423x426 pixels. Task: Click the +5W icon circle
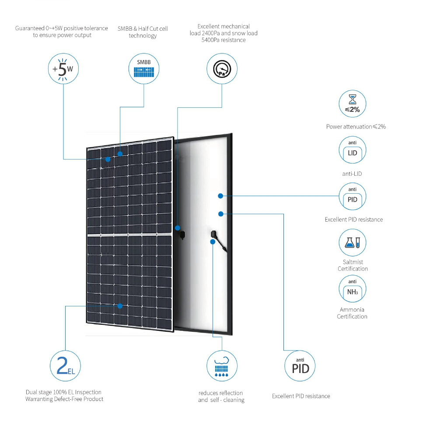point(63,68)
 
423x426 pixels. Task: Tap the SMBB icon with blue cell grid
point(144,68)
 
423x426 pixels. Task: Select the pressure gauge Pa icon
point(222,68)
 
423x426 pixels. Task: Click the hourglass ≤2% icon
point(352,103)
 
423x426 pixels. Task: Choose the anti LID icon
point(352,150)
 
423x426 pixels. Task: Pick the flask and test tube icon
point(352,242)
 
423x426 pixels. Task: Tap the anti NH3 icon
point(352,288)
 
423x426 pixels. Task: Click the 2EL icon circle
point(65,366)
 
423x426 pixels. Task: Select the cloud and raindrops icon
point(222,366)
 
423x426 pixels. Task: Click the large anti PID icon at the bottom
point(300,366)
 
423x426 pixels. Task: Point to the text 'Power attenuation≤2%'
point(356,127)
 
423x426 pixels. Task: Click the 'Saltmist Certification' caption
point(353,266)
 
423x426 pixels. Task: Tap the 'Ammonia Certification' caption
point(352,313)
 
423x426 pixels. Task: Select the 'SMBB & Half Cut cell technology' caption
point(143,32)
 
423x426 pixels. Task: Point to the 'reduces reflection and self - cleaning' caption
point(221,396)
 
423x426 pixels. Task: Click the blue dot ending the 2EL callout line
point(120,306)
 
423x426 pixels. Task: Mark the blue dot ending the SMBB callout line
point(120,154)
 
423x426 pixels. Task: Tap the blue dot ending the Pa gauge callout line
point(177,228)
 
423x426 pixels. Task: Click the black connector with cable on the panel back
point(218,241)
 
